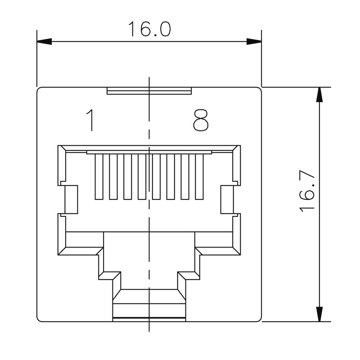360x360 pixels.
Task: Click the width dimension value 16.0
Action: coord(149,29)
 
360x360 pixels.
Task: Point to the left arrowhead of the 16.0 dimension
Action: coord(44,42)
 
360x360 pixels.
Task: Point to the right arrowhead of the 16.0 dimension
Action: coord(254,42)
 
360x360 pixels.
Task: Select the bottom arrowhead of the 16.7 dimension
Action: coord(319,314)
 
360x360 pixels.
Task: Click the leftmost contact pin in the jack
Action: coord(98,176)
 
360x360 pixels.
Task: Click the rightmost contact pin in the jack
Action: coord(199,176)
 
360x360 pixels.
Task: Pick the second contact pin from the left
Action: coord(112,176)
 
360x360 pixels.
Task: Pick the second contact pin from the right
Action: coord(185,176)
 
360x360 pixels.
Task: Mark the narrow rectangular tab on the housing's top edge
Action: coord(150,91)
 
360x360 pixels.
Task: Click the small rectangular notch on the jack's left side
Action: coord(71,200)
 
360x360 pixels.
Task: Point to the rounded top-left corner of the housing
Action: coord(39,89)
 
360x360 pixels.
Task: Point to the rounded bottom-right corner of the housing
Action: coord(259,319)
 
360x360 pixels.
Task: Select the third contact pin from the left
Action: coord(127,176)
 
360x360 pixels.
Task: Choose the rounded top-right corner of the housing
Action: coord(259,89)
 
